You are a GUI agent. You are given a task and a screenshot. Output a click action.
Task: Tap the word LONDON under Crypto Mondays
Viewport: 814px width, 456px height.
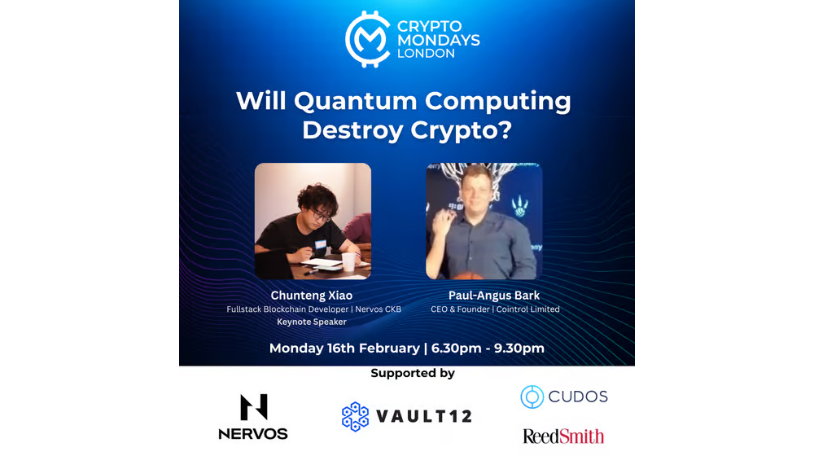426,54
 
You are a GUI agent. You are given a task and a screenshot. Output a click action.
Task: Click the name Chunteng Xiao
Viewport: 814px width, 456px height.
312,295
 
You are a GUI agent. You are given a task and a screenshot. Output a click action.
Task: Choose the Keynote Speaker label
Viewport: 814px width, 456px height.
312,322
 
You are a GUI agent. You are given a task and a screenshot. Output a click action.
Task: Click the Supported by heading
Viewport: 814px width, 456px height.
413,373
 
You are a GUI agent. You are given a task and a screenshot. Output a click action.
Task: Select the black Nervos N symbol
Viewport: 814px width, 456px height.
253,407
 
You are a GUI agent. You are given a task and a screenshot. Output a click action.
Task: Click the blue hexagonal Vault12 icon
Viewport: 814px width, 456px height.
356,416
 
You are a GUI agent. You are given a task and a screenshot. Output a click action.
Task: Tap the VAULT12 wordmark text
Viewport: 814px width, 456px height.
424,417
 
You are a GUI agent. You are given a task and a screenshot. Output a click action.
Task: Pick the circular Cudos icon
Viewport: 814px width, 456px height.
532,397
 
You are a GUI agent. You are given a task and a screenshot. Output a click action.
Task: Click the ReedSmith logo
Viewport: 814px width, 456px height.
563,436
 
